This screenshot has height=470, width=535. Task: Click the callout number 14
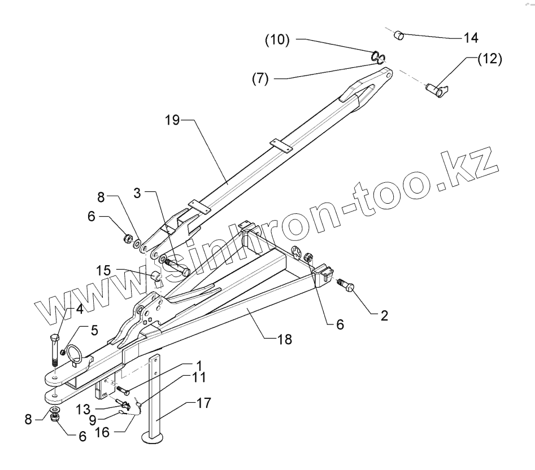pos(470,38)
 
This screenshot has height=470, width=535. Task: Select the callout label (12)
pos(489,59)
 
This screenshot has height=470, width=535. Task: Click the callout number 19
pos(173,121)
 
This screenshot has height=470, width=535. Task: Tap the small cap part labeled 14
pos(399,36)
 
